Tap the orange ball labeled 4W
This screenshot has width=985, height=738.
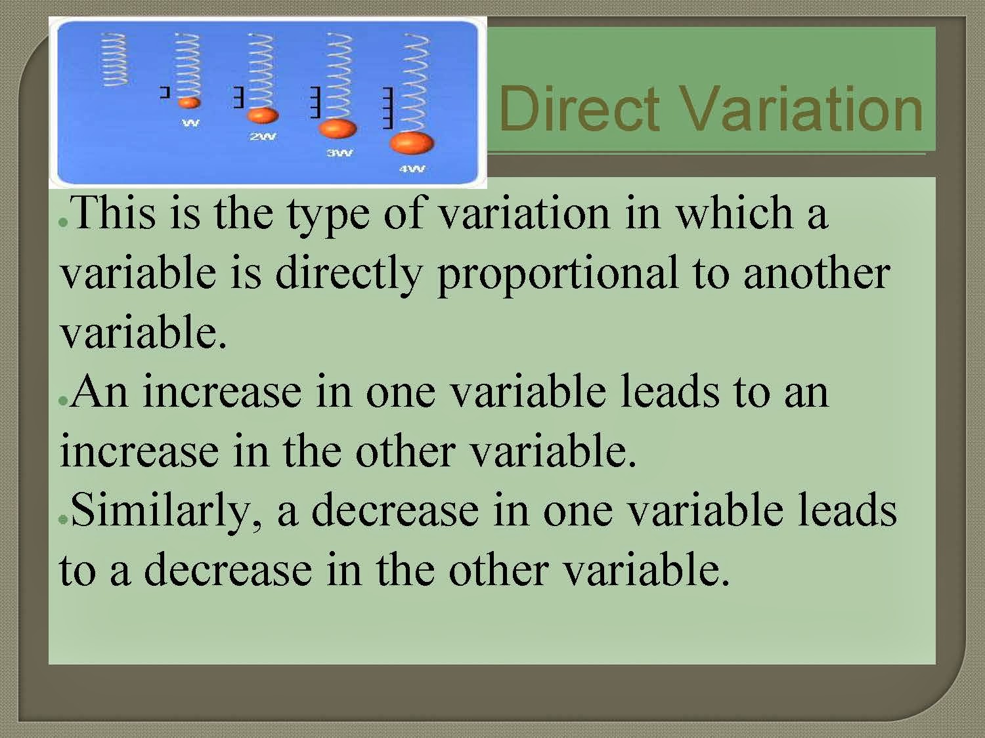point(411,142)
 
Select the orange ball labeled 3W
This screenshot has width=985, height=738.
point(338,128)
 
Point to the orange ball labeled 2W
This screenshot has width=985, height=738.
point(262,115)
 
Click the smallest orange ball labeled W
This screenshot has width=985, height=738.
point(189,102)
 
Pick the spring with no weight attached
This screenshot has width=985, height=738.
point(114,60)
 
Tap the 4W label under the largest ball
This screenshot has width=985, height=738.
point(412,169)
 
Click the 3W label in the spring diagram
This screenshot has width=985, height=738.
point(339,154)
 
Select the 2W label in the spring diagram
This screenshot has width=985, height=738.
point(263,137)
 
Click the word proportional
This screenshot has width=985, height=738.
point(558,274)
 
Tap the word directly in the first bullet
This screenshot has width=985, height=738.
point(349,274)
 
